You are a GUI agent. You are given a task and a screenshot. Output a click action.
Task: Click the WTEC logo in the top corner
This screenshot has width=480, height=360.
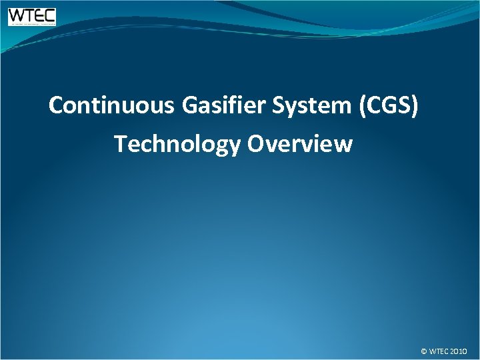click(32, 17)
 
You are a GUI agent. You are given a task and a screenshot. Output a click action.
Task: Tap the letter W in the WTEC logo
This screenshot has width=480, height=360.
click(17, 15)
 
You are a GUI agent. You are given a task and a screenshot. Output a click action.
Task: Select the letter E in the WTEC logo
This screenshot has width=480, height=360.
click(39, 15)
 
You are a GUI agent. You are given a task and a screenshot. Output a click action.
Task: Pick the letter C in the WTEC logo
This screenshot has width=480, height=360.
click(49, 15)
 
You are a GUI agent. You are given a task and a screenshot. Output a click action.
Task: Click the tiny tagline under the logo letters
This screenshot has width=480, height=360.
click(32, 24)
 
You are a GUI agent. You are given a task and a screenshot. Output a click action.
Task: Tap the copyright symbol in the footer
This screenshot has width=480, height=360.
click(424, 351)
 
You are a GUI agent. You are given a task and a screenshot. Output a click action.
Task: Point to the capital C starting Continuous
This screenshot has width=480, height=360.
click(57, 105)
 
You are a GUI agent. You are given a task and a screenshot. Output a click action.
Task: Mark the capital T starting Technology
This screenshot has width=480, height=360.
click(120, 143)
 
